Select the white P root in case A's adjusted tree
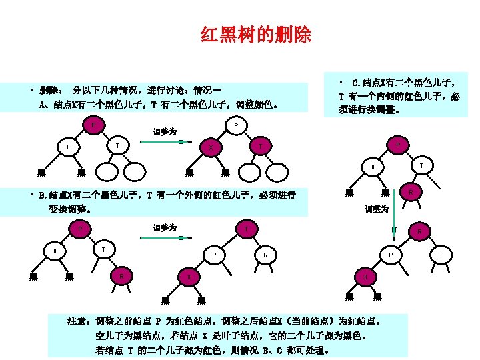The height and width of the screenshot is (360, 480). pos(237,125)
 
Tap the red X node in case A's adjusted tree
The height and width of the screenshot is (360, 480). pos(210,148)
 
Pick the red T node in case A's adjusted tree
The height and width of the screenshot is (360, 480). pos(261,146)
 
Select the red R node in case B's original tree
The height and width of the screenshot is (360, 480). pos(121,275)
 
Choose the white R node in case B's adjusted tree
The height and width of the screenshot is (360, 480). pos(265,253)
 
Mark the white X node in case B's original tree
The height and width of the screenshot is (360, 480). pos(55,251)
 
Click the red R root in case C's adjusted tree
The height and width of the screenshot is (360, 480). pos(419,231)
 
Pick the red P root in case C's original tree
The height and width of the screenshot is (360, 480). pos(398,144)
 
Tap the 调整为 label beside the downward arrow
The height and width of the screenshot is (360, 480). pos(377,209)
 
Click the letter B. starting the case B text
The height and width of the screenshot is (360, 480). pos(43,195)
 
